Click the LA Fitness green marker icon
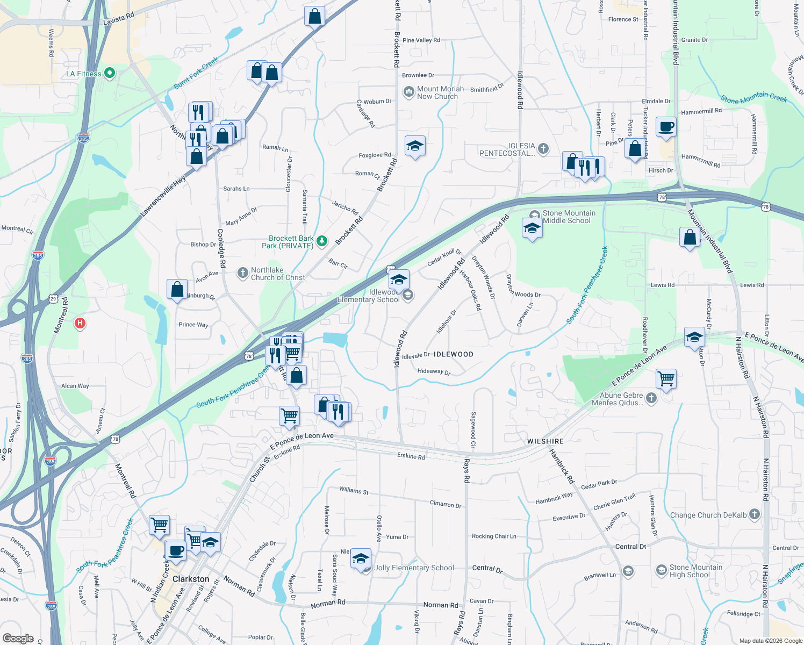pyautogui.click(x=110, y=73)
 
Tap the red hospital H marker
pyautogui.click(x=80, y=323)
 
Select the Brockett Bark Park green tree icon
pyautogui.click(x=322, y=241)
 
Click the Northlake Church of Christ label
pyautogui.click(x=277, y=274)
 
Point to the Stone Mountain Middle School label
pyautogui.click(x=569, y=217)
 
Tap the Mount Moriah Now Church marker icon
pyautogui.click(x=409, y=92)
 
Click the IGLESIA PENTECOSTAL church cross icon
pyautogui.click(x=543, y=149)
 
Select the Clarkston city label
pyautogui.click(x=191, y=579)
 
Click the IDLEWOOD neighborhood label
pyautogui.click(x=454, y=354)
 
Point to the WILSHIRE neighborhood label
pyautogui.click(x=545, y=441)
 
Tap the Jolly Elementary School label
pyautogui.click(x=414, y=568)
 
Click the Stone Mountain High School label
pyautogui.click(x=696, y=571)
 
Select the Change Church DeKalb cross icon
pyautogui.click(x=755, y=514)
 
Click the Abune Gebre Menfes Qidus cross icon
pyautogui.click(x=651, y=398)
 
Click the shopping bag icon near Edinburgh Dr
pyautogui.click(x=177, y=289)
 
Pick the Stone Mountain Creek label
pyautogui.click(x=753, y=97)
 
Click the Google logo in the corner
pyautogui.click(x=18, y=639)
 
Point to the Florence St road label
pyautogui.click(x=623, y=19)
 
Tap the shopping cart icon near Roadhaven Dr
pyautogui.click(x=666, y=378)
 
